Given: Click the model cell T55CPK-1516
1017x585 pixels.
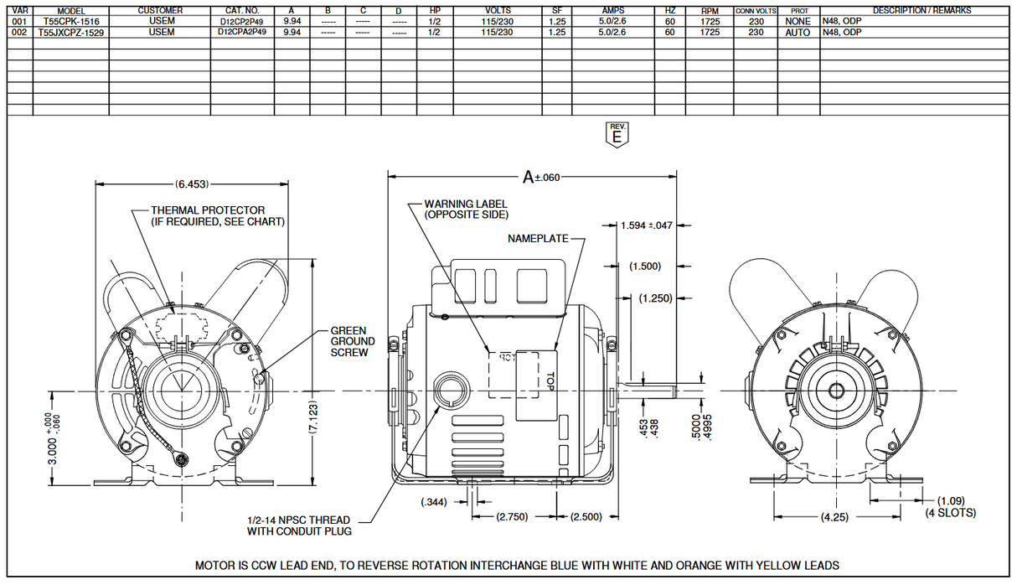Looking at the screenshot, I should click(x=71, y=21).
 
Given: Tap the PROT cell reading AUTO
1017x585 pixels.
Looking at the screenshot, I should click(x=798, y=32).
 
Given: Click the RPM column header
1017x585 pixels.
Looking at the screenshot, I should click(x=709, y=11).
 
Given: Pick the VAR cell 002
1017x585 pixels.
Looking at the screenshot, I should click(x=20, y=32).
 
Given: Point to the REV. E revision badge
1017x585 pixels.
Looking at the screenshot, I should click(x=617, y=135).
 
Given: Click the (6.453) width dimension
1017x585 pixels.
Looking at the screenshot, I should click(x=192, y=184).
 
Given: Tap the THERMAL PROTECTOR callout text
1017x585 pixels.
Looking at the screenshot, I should click(x=217, y=216).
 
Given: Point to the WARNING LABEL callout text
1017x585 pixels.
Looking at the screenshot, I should click(x=466, y=210).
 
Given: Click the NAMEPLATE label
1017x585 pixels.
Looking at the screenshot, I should click(x=538, y=239).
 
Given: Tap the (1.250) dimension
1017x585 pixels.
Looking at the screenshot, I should click(x=655, y=298).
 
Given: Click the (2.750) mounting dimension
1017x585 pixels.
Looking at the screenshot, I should click(x=511, y=517).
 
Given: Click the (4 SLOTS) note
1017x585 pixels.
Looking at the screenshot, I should click(x=950, y=512).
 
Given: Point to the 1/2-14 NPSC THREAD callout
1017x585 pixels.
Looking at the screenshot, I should click(x=299, y=525).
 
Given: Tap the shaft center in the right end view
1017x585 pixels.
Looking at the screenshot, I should click(x=835, y=390).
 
